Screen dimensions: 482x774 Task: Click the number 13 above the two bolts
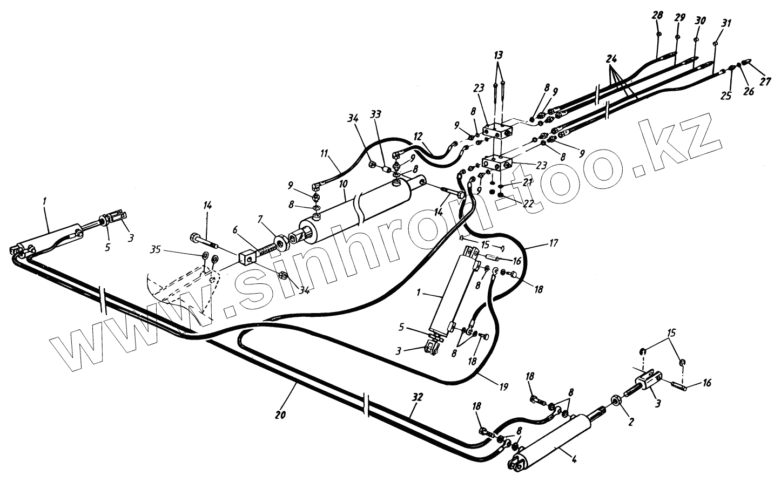[x=498, y=55]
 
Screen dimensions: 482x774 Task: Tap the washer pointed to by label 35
[x=206, y=255]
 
